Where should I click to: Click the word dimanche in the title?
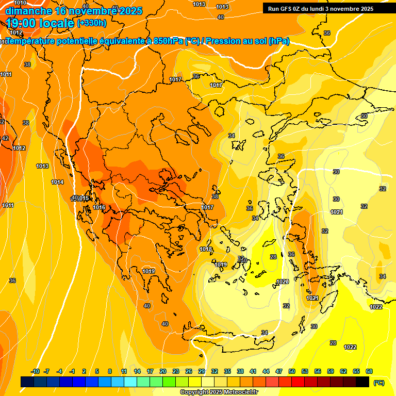(x=28, y=10)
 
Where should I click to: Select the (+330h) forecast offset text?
(x=92, y=23)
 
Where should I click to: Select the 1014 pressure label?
(x=57, y=183)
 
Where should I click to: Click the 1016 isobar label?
(x=100, y=207)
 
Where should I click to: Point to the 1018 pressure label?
(x=206, y=250)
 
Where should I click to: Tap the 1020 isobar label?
(x=282, y=282)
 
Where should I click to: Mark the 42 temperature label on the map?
(x=5, y=138)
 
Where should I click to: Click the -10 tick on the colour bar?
(x=35, y=371)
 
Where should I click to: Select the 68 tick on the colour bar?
(x=369, y=371)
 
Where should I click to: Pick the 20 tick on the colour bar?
(x=162, y=371)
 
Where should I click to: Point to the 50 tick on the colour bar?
(x=292, y=371)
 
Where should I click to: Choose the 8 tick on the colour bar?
(x=110, y=371)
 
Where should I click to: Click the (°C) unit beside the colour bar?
(x=379, y=382)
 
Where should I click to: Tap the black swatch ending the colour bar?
(x=362, y=382)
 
